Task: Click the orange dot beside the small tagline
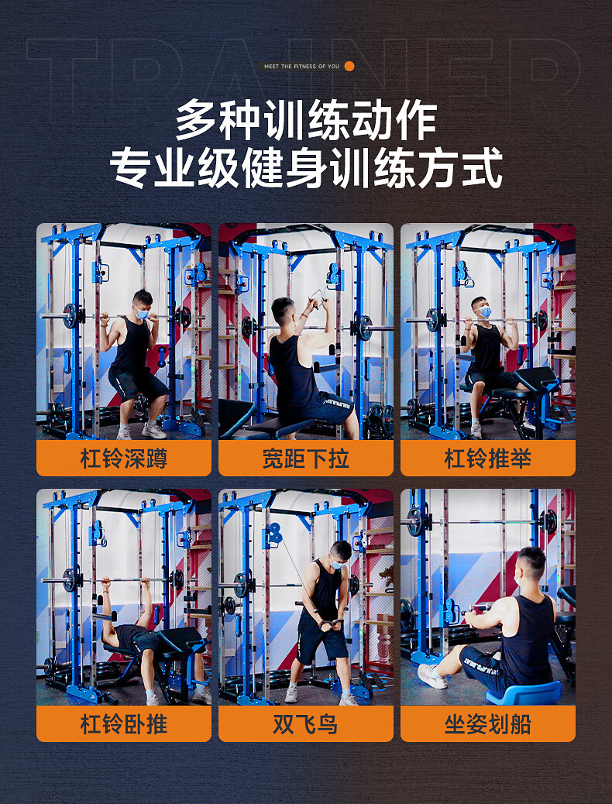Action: coord(349,66)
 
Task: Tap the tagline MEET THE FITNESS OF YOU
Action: coord(301,66)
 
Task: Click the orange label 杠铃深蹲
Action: coord(124,458)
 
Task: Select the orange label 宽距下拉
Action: coord(306,458)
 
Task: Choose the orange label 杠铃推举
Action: coord(488,458)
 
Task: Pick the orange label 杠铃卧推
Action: coord(124,723)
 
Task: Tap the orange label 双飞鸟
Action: coord(306,723)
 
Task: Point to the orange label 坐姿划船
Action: coord(488,723)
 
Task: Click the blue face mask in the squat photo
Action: coord(142,314)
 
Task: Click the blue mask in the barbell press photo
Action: coord(484,311)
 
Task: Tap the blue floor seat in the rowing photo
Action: coord(524,692)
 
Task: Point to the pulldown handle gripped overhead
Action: coord(318,298)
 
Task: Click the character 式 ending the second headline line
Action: coord(482,168)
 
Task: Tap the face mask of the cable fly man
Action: coord(337,565)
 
